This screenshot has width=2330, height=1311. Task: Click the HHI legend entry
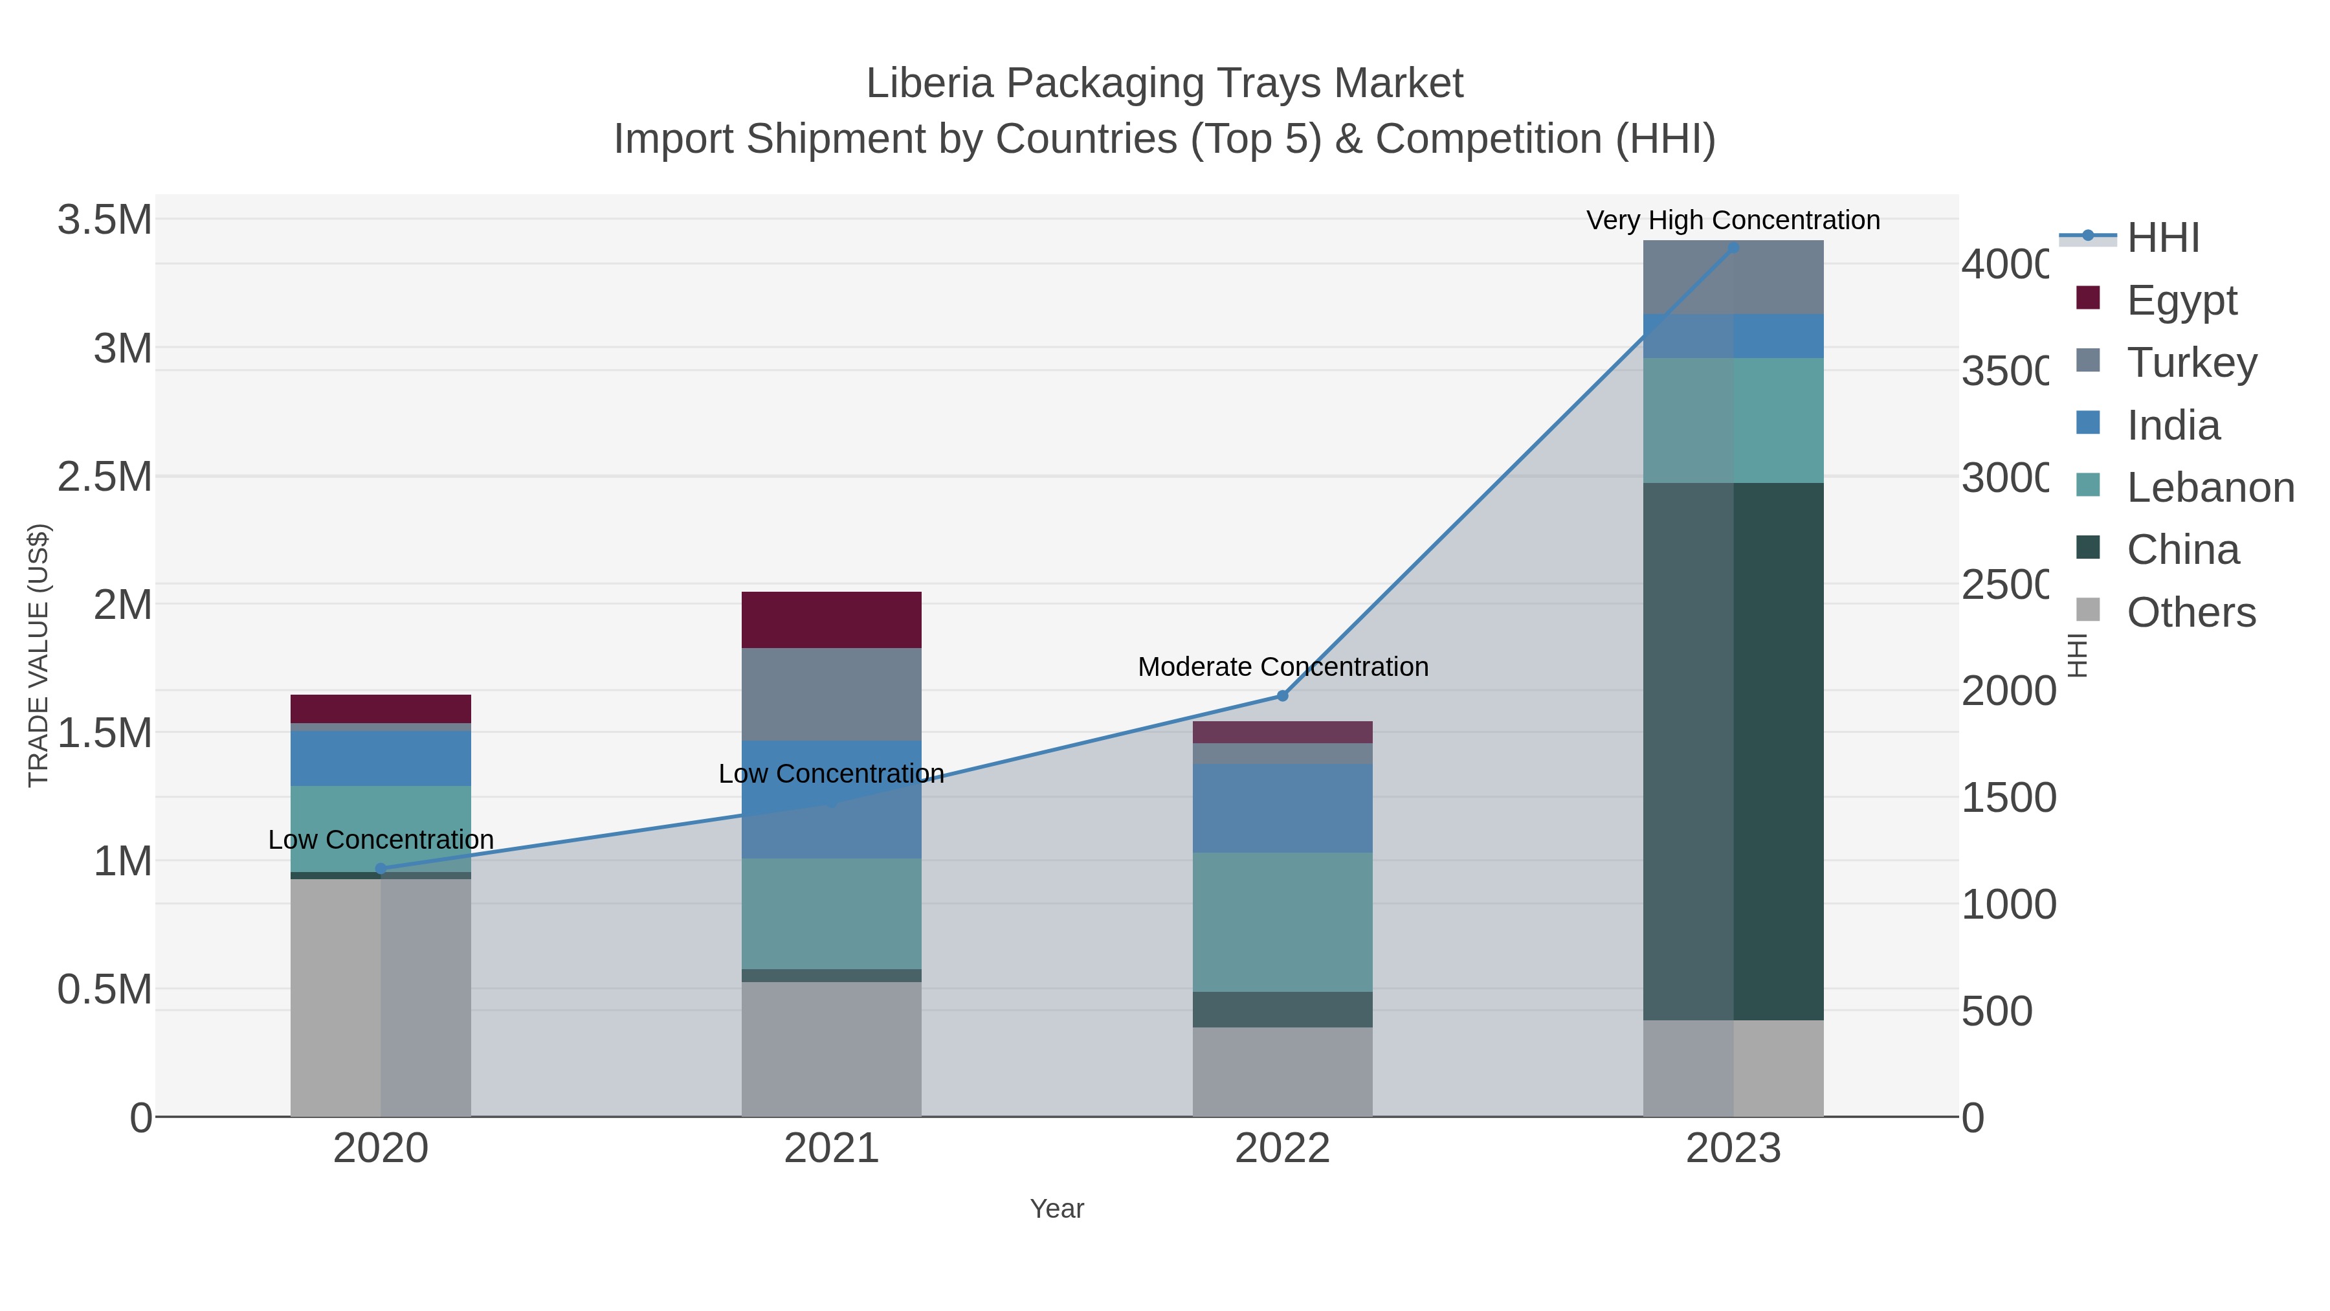point(2162,238)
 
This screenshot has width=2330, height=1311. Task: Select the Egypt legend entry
point(2180,300)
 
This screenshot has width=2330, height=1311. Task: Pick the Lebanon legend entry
point(2210,487)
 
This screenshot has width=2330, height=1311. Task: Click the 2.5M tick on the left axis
point(105,476)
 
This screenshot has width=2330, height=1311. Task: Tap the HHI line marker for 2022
point(1281,696)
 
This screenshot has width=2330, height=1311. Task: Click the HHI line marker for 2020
point(381,869)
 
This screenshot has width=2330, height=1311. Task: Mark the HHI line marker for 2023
point(1733,248)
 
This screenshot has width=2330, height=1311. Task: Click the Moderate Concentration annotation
point(1283,667)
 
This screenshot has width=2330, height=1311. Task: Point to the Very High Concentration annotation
point(1732,220)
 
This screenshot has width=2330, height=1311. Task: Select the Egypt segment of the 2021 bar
point(831,620)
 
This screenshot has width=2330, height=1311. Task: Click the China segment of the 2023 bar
point(1733,751)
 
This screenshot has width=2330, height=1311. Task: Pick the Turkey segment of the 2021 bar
point(831,694)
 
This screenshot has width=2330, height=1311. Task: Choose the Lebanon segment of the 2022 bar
point(1281,922)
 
